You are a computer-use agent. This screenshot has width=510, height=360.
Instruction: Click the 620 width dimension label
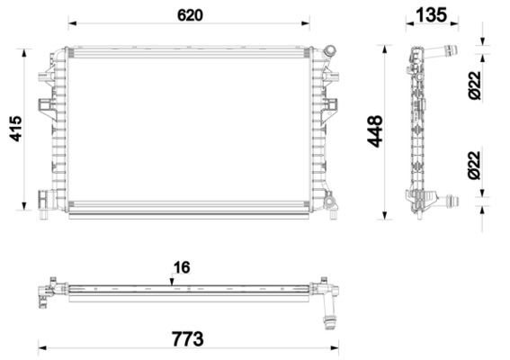pyautogui.click(x=190, y=15)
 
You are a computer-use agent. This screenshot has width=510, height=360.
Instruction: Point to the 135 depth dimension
pyautogui.click(x=432, y=14)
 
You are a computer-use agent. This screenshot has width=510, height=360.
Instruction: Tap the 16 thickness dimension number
pyautogui.click(x=183, y=266)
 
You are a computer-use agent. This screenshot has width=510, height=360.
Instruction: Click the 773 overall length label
pyautogui.click(x=187, y=338)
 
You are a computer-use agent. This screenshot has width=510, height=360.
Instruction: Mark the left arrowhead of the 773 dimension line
pyautogui.click(x=42, y=346)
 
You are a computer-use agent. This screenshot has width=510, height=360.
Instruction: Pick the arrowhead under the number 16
pyautogui.click(x=174, y=280)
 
